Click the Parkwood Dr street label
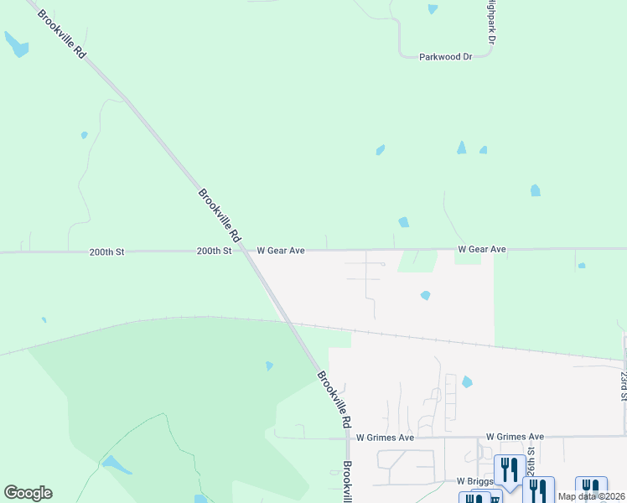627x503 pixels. click(x=446, y=56)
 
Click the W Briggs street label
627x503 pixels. click(x=472, y=482)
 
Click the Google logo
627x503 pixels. click(x=28, y=493)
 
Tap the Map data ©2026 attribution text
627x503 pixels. click(x=592, y=496)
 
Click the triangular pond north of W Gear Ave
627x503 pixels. click(x=461, y=148)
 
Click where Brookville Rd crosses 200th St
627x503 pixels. click(x=244, y=250)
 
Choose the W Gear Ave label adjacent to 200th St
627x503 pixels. click(x=280, y=250)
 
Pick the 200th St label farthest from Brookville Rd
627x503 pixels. click(x=107, y=251)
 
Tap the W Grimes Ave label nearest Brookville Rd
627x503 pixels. click(x=385, y=438)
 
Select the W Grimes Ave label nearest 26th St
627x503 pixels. click(x=516, y=437)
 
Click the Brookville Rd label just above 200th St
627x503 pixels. click(x=219, y=215)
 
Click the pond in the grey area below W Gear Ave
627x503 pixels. click(x=426, y=295)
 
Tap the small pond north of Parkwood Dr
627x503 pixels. click(x=433, y=9)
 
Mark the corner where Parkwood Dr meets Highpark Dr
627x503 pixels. click(x=490, y=56)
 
